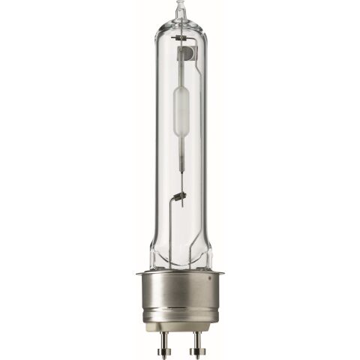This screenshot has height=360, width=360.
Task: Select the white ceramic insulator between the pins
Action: tap(179, 330)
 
